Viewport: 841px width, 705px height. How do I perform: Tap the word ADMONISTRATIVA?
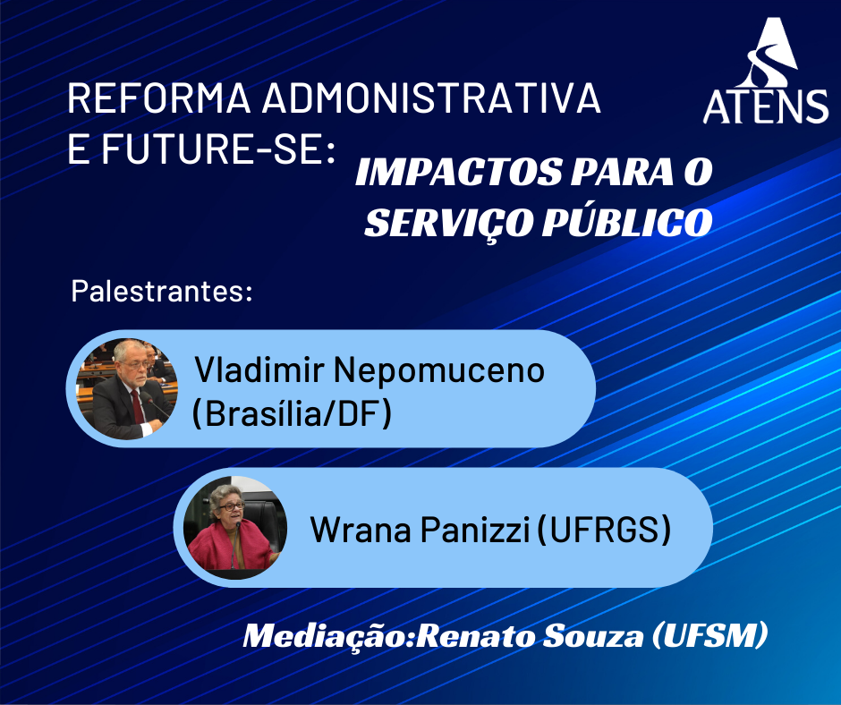click(x=431, y=98)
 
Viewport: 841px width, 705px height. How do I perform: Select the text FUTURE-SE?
click(x=218, y=149)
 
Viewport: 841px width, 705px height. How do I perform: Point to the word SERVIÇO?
click(x=449, y=223)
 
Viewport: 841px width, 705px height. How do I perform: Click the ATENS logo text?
click(x=765, y=106)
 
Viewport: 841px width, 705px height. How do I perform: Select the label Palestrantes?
click(x=161, y=292)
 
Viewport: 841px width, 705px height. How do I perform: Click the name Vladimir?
click(x=259, y=369)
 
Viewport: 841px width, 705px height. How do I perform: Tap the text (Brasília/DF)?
click(x=292, y=413)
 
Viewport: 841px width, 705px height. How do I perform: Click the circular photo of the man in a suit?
click(x=127, y=389)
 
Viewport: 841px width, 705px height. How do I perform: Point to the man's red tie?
click(x=137, y=407)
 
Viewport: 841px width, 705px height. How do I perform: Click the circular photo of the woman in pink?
click(x=235, y=528)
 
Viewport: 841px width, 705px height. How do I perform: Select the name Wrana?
click(x=361, y=530)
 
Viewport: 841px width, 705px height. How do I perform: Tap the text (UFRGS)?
click(x=603, y=530)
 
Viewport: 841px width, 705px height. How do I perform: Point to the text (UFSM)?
click(x=709, y=635)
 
